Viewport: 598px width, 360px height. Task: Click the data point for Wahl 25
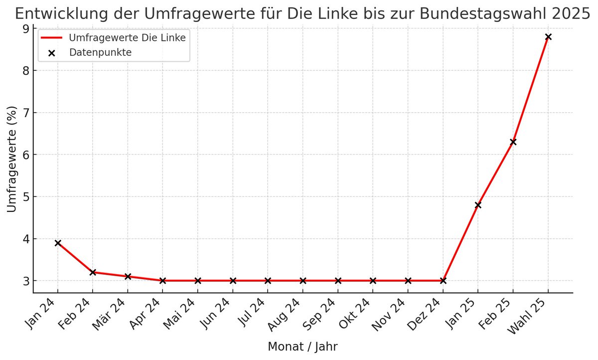[x=548, y=37]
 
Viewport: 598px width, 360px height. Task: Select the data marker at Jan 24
[x=58, y=243]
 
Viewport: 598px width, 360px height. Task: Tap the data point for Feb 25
[x=513, y=142]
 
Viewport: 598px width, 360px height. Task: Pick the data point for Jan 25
[x=478, y=205]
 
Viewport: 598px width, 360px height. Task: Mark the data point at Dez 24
[x=443, y=281]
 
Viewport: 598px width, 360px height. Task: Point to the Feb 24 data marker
[x=93, y=272]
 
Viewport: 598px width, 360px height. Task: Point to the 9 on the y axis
[x=25, y=29]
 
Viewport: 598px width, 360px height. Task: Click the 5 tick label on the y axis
[x=25, y=197]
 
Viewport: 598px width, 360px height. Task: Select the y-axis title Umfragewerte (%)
[x=12, y=159]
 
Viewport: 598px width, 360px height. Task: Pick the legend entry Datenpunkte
[x=100, y=52]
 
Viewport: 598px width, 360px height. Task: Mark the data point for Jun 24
[x=233, y=281]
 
